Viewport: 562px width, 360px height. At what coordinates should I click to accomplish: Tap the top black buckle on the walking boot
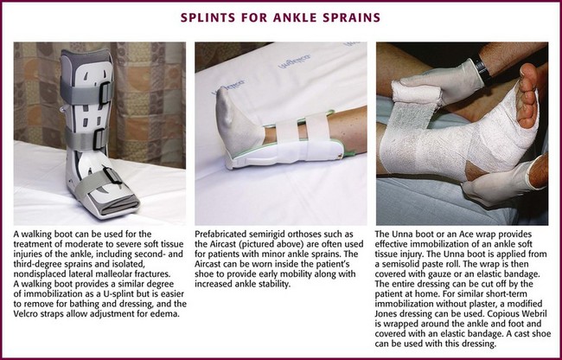pos(105,93)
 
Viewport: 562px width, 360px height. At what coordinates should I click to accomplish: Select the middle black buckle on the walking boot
pos(99,138)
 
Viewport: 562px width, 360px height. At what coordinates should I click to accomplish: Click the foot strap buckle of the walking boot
pos(112,176)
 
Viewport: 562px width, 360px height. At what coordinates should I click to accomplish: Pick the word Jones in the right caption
pos(386,314)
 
